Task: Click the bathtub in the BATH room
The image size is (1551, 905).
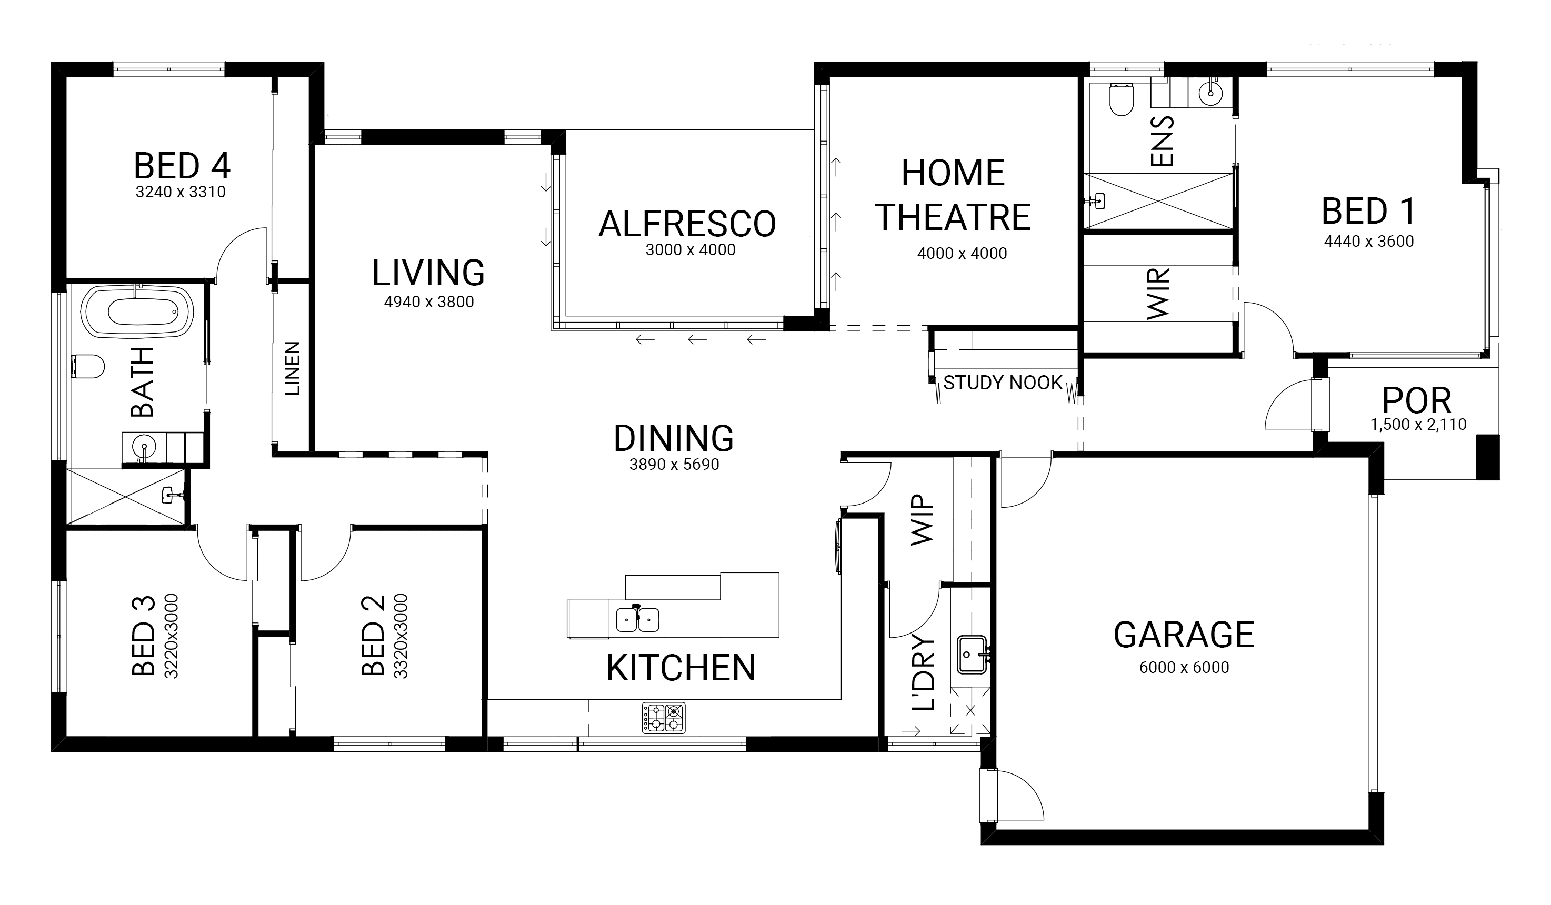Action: pos(137,311)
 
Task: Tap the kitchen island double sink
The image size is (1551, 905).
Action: pos(638,619)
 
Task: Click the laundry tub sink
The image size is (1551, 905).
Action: pos(973,655)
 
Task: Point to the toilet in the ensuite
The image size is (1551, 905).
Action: pos(1121,100)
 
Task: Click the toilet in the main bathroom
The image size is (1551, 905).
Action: pos(88,367)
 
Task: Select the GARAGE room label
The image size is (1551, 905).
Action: pos(1184,635)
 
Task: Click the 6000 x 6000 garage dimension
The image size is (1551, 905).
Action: pos(1184,668)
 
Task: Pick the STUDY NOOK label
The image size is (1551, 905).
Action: pos(1003,383)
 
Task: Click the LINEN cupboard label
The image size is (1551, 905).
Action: pos(292,368)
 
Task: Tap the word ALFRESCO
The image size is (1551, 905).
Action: pos(687,224)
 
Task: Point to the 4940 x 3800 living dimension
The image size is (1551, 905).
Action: pos(429,302)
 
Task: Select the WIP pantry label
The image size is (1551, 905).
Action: pos(922,519)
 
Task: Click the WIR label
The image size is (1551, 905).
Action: pos(1158,294)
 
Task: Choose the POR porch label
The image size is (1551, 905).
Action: pos(1417,401)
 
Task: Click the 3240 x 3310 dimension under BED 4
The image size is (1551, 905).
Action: pos(181,192)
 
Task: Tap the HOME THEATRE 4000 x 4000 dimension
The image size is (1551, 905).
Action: pos(962,254)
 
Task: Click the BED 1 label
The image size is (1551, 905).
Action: pos(1368,211)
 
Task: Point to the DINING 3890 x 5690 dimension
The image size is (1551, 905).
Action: pos(674,465)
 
